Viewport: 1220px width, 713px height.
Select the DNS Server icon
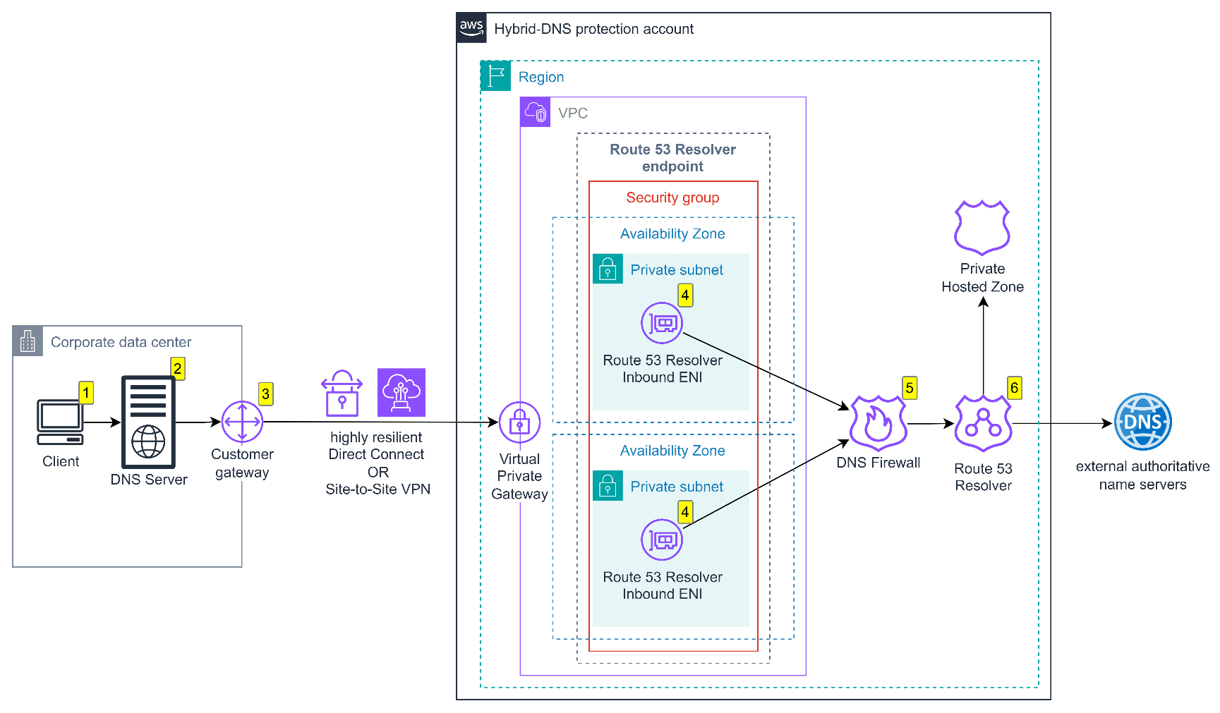[148, 422]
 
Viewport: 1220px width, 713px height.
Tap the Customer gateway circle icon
[242, 422]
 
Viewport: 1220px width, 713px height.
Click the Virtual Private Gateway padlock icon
[519, 422]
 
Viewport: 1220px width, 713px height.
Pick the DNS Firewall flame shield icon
[878, 423]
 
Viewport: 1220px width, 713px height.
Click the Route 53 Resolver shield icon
[983, 423]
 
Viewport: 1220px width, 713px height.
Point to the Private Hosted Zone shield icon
[982, 227]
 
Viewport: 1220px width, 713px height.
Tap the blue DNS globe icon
[1142, 422]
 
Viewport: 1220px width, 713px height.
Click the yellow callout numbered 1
[86, 392]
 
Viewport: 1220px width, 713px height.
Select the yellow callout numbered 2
[178, 368]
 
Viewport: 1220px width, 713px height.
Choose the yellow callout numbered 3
[265, 394]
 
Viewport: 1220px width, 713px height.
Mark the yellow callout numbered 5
[910, 387]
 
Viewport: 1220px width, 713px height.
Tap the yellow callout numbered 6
[1014, 387]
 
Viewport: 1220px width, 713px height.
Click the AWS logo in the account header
[471, 28]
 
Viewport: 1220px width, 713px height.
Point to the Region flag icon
[495, 75]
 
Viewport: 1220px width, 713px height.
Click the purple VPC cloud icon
[535, 112]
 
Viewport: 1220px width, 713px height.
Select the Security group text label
[672, 197]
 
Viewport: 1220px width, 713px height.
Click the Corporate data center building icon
[28, 341]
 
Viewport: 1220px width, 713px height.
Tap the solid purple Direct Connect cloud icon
[401, 392]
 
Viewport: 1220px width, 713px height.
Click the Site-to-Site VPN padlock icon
[342, 394]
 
